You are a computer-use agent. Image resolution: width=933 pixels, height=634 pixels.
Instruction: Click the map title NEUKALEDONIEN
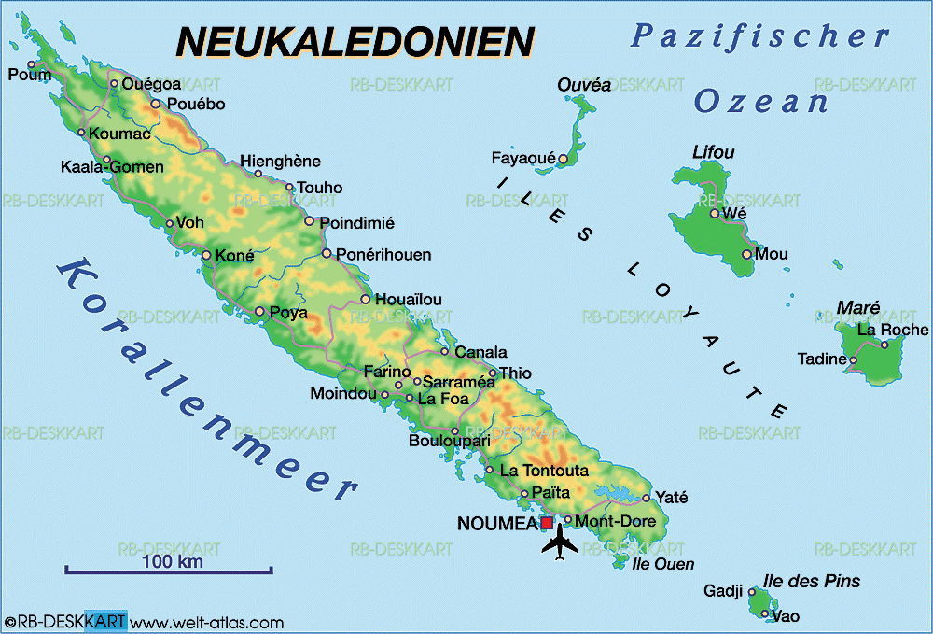(355, 42)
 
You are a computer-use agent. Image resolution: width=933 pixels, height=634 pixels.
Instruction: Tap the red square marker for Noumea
(547, 523)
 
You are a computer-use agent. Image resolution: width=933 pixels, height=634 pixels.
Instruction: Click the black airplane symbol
(559, 542)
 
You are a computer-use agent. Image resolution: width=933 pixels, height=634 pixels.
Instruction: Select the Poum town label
(29, 75)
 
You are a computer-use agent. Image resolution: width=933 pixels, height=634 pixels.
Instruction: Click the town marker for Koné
(206, 255)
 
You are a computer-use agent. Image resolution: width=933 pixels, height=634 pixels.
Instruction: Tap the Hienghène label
(280, 162)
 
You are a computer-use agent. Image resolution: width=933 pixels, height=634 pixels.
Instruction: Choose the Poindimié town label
(356, 223)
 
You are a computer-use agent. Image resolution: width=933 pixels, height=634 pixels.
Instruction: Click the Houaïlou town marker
(366, 300)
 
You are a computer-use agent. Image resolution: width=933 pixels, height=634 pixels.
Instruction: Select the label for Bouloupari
(449, 440)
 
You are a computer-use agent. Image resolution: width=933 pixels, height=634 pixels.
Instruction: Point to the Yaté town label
(672, 497)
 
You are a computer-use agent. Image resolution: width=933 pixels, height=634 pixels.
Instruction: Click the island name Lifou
(714, 152)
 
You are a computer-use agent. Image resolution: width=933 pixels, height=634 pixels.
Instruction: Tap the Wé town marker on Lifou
(715, 214)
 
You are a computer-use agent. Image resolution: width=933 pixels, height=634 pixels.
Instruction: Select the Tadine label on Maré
(821, 359)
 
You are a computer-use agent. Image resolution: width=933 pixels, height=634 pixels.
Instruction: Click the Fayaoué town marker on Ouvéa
(563, 159)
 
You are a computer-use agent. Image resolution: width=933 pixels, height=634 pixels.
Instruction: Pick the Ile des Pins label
(812, 582)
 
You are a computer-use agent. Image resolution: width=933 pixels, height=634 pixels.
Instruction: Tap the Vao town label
(786, 615)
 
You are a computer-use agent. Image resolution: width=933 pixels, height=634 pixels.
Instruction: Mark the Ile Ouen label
(663, 564)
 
